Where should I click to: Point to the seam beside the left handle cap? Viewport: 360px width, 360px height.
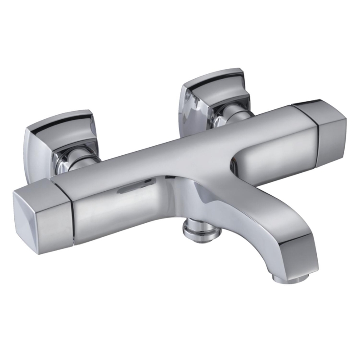click(71, 211)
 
